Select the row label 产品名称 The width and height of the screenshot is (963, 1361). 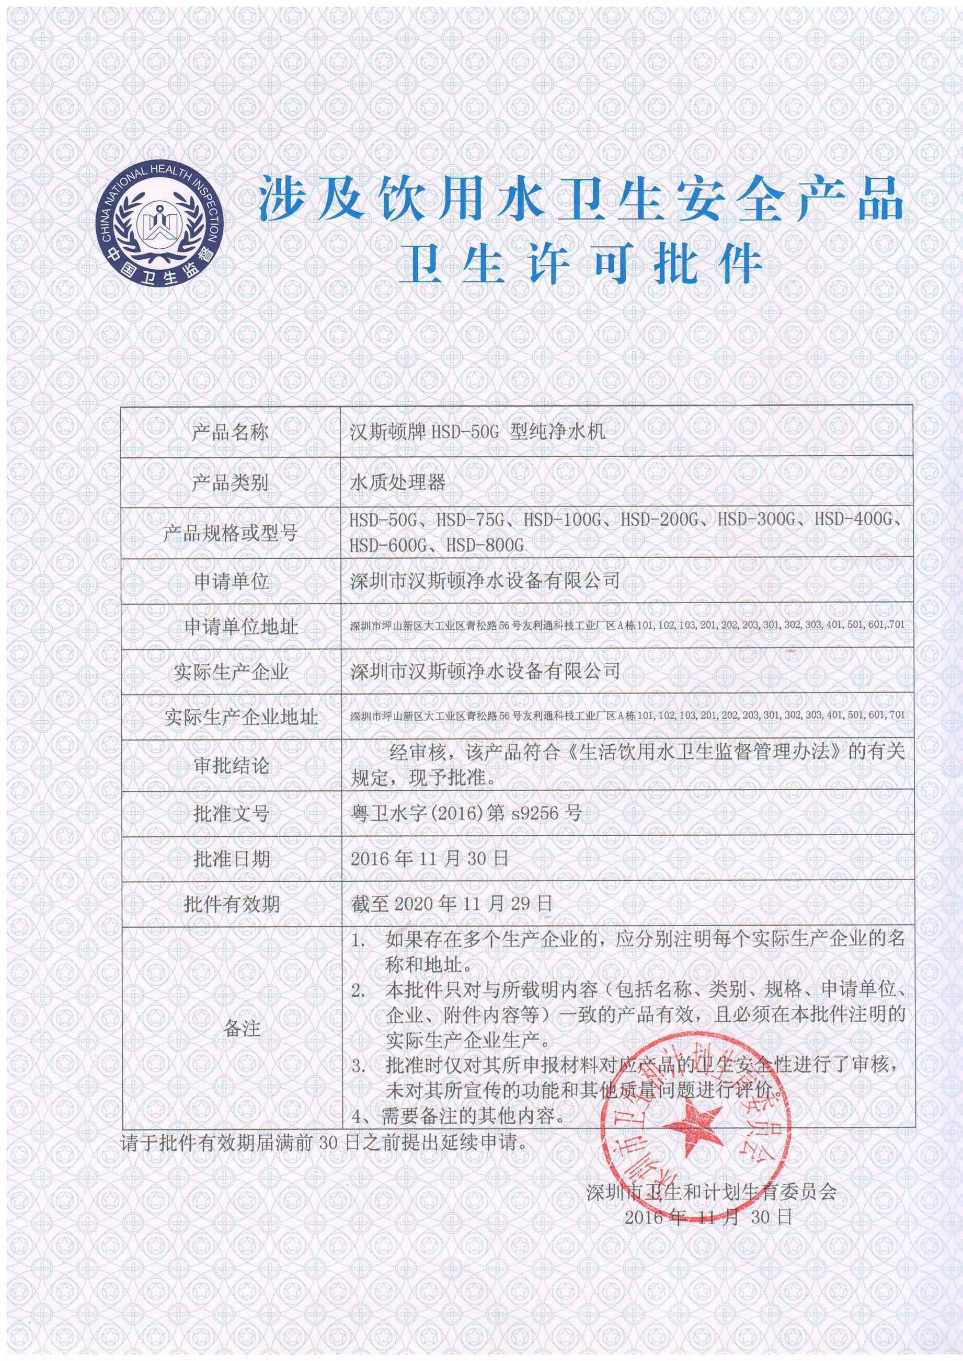(x=230, y=433)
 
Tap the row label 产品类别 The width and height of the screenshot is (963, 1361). (x=230, y=482)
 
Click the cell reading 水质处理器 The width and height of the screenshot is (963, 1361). (x=397, y=482)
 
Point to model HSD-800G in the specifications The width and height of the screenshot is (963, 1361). (x=485, y=545)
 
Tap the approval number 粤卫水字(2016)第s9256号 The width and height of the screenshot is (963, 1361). (x=465, y=813)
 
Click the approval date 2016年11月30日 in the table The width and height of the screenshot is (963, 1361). (x=429, y=858)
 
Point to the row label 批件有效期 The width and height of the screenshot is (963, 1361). (x=231, y=905)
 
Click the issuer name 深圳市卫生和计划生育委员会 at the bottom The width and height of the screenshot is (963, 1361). (x=711, y=1205)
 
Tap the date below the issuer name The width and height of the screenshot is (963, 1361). (x=708, y=1230)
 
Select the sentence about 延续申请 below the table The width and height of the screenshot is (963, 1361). (x=325, y=1143)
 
